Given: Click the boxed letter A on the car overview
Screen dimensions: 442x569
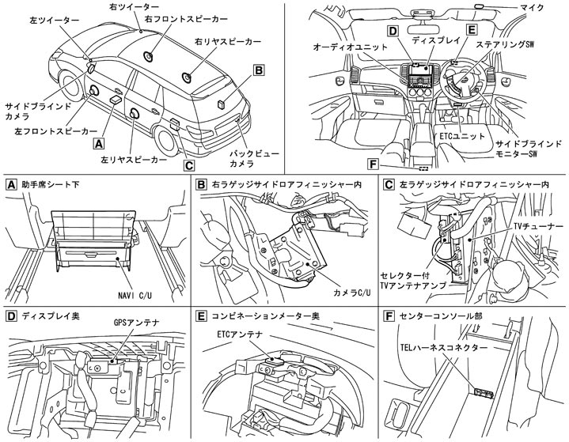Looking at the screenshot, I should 98,144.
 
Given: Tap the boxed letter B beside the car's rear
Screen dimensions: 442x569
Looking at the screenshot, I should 258,70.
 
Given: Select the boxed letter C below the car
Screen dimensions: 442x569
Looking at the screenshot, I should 188,165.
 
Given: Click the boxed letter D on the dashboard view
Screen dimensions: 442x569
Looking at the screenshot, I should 392,31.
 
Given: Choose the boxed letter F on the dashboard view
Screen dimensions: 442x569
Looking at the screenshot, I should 374,164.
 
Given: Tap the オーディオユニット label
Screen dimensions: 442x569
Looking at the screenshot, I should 346,47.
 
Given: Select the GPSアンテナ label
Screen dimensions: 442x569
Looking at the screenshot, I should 130,323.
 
